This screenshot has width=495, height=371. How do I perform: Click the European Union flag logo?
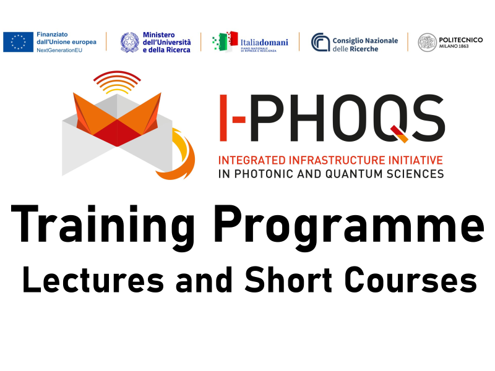[19, 42]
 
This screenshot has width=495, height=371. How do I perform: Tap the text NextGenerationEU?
[59, 50]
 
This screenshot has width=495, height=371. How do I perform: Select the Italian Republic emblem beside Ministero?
[130, 42]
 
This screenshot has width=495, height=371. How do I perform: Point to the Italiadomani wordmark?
[264, 42]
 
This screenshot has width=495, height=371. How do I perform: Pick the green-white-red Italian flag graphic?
[225, 41]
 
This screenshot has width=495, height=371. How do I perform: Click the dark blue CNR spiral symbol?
[321, 42]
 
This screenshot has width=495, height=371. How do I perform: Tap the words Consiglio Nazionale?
[365, 41]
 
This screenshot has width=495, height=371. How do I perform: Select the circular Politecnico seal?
[427, 42]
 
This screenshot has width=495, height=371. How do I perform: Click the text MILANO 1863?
[454, 46]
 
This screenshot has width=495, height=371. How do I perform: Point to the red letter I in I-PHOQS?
[223, 117]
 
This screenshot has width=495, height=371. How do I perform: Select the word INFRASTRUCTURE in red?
[337, 160]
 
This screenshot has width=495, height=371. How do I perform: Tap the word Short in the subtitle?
[288, 279]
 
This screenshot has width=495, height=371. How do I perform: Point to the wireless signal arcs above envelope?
[117, 82]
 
